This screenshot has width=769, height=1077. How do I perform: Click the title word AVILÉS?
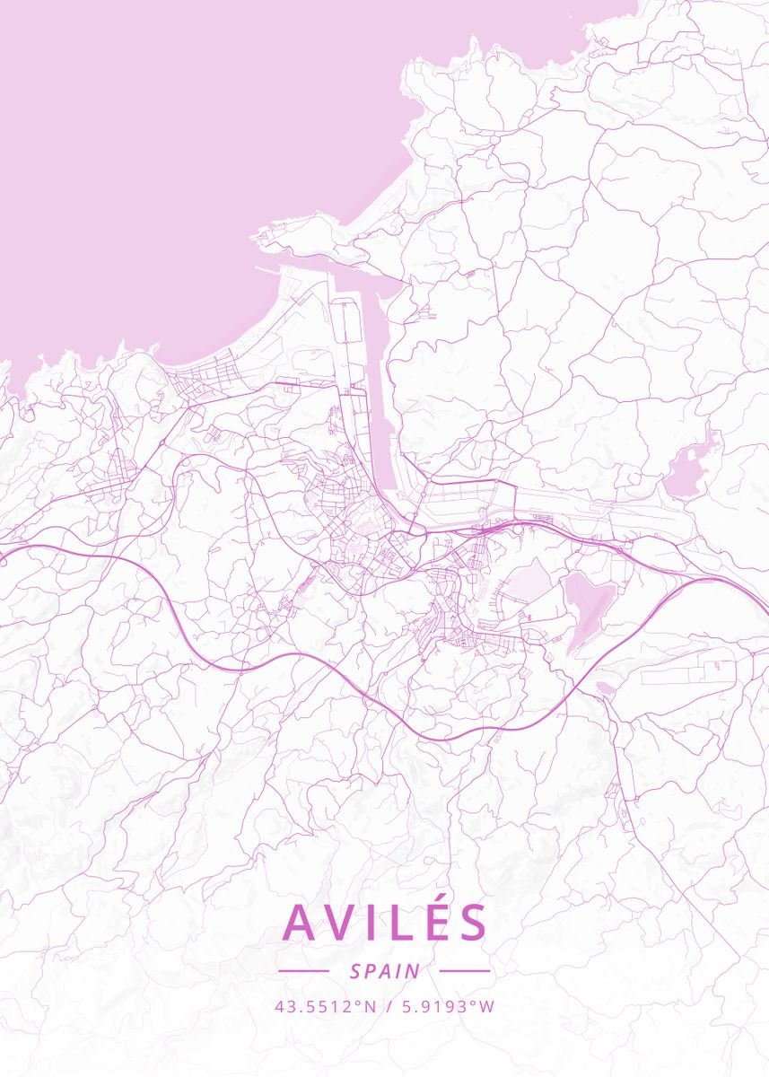pos(386,922)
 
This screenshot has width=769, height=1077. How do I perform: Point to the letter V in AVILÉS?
pos(344,923)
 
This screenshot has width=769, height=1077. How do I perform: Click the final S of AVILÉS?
pos(472,923)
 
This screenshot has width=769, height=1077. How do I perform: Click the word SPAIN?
pos(385,971)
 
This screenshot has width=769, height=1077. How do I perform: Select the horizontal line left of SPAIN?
pos(303,971)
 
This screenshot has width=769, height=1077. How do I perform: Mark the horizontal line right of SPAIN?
pos(466,971)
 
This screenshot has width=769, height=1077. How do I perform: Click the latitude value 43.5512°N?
pos(325,1006)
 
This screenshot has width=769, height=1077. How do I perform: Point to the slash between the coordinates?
pos(385,1006)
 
